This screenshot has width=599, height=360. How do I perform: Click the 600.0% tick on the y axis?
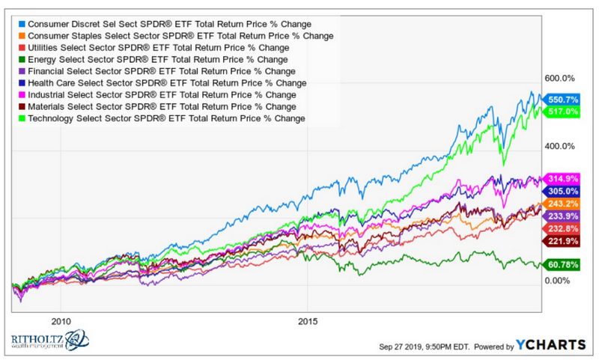click(x=559, y=78)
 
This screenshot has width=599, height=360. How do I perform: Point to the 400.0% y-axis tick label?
click(x=559, y=146)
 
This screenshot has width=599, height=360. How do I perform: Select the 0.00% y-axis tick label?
click(x=557, y=281)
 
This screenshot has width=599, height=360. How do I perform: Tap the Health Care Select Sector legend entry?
click(x=169, y=83)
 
